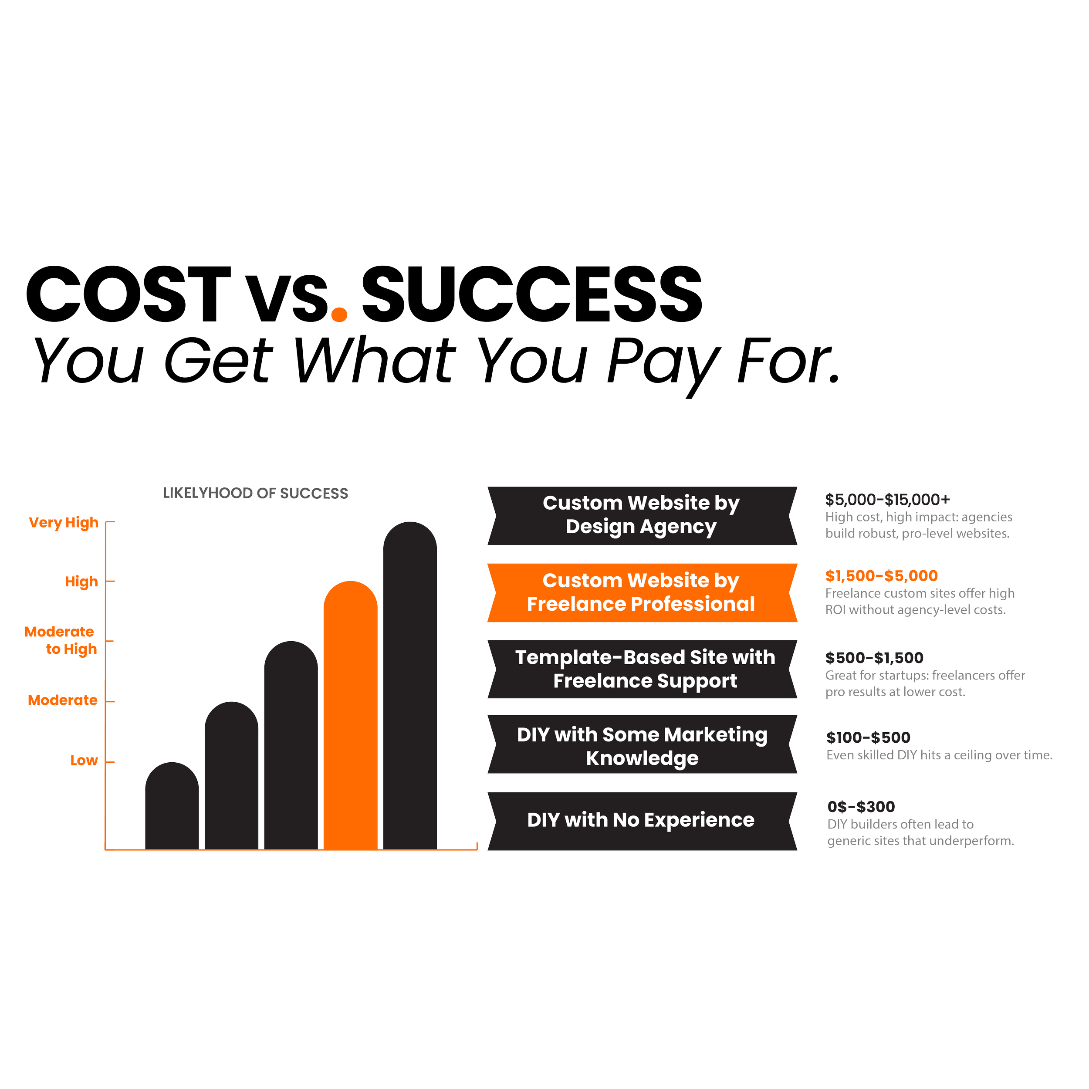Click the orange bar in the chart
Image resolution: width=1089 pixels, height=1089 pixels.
click(350, 716)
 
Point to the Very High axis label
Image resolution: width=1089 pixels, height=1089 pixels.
click(64, 523)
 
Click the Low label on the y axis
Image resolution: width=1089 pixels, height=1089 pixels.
click(84, 761)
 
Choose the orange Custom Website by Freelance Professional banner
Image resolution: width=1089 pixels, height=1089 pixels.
click(642, 592)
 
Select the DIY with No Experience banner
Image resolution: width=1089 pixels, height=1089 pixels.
click(642, 820)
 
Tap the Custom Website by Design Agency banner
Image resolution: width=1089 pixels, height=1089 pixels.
click(642, 514)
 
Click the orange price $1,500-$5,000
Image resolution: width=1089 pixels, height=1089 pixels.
click(882, 575)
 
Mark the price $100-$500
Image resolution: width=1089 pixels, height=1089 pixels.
click(868, 737)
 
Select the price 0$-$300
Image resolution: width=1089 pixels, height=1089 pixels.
click(861, 807)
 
